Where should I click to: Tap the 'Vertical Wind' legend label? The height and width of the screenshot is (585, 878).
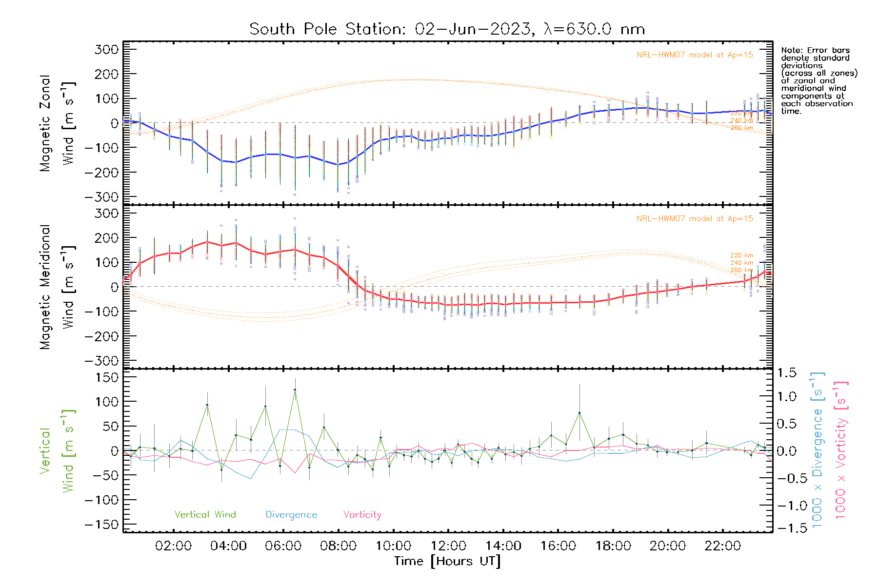coord(205,514)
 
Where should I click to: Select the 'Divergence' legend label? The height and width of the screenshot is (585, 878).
coord(291,514)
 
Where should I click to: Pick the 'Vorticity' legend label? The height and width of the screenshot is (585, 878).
coord(362,514)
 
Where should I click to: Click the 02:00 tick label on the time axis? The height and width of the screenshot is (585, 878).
coord(173,546)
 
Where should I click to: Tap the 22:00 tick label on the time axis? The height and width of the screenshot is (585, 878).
coord(722,546)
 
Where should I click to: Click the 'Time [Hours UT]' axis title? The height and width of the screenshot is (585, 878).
coord(447,561)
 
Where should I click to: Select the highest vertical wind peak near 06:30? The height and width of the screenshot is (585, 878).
coord(295,390)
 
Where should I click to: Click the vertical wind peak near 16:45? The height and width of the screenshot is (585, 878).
coord(579,413)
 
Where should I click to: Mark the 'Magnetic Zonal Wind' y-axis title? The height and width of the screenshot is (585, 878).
coord(57,123)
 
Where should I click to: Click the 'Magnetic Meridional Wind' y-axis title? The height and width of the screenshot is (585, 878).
coord(57,287)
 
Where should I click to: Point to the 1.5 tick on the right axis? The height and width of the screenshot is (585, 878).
coord(786,373)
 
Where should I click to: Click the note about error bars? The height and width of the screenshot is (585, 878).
coord(818,80)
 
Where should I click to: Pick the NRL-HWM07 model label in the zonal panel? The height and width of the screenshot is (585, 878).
coord(695,55)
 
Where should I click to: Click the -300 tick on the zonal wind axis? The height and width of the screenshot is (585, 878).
coord(102,197)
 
